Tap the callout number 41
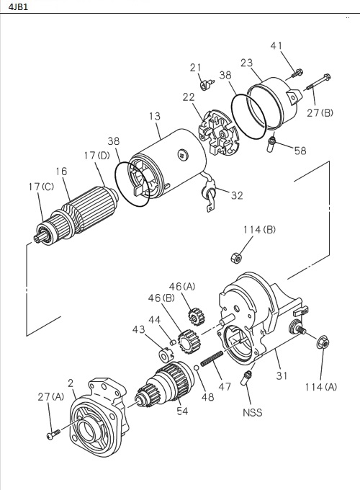pos(276,45)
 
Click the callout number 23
pos(247,63)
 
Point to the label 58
pos(299,150)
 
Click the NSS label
pos(252,413)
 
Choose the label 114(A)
pos(320,387)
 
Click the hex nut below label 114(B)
pos(235,257)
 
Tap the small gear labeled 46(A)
pos(193,316)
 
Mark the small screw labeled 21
pos(203,84)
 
